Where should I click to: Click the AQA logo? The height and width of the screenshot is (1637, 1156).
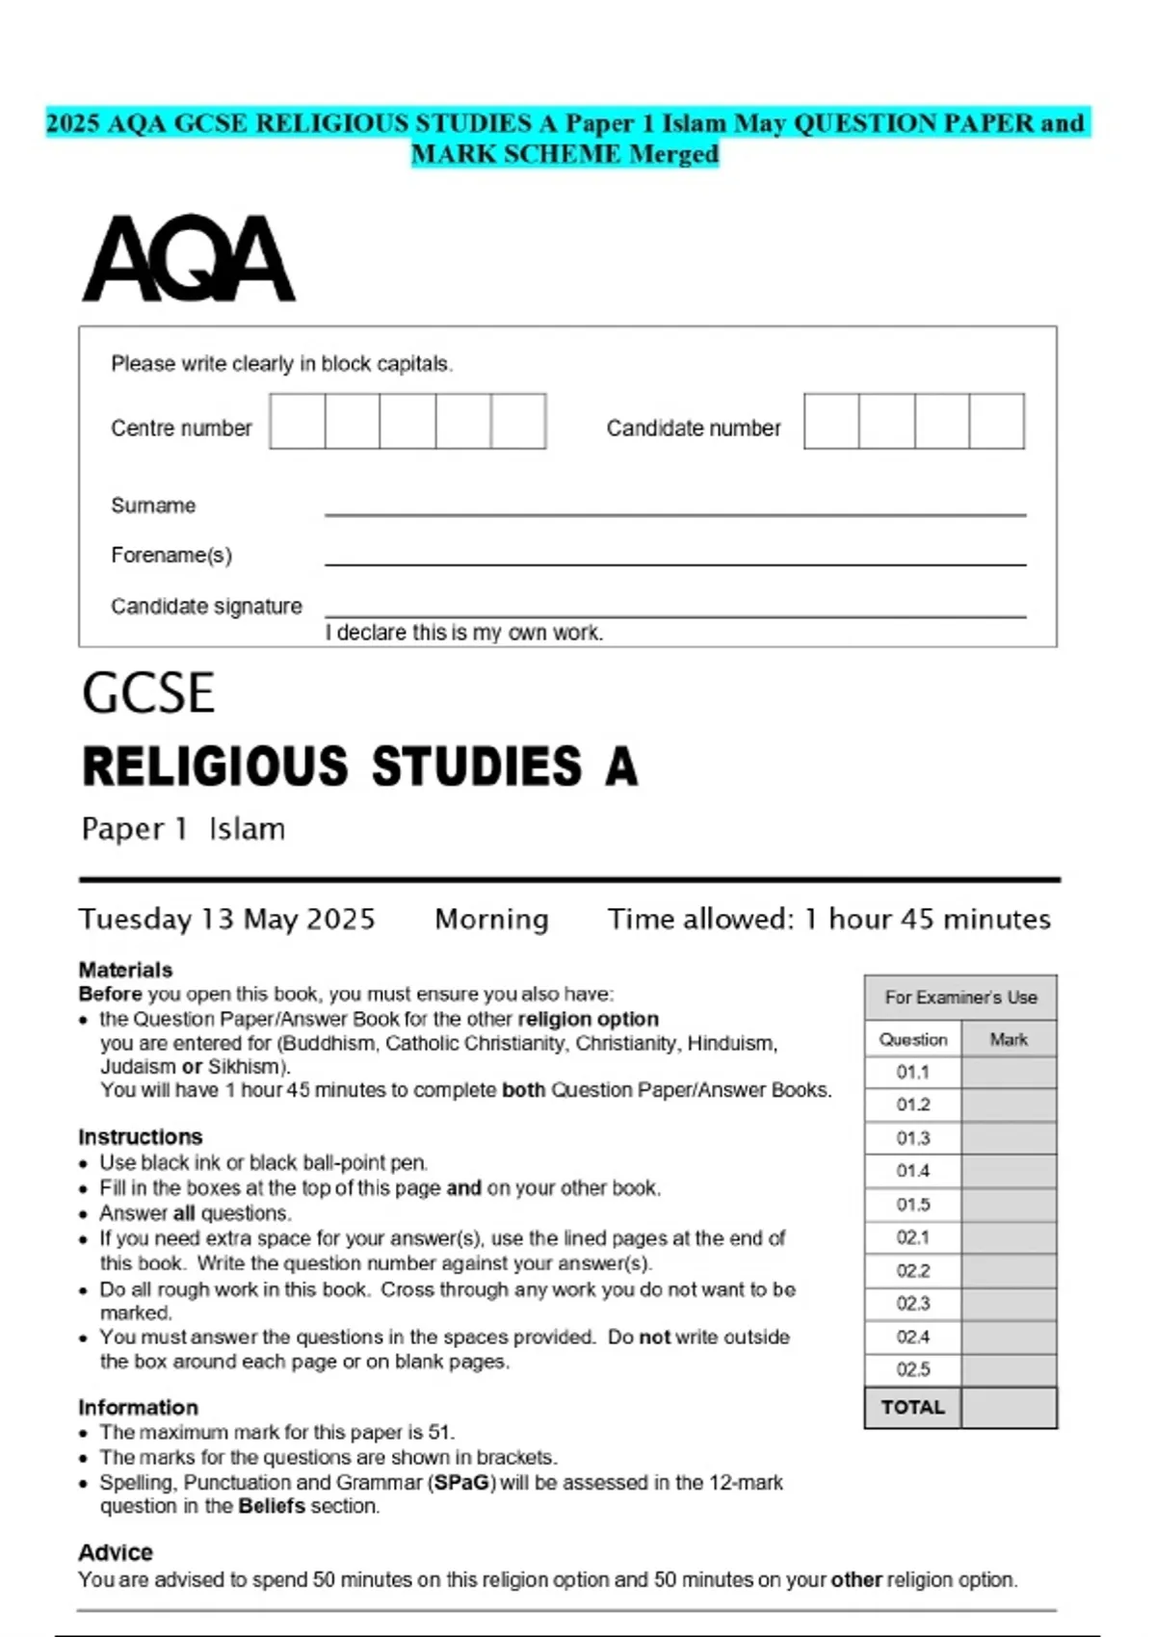pyautogui.click(x=189, y=258)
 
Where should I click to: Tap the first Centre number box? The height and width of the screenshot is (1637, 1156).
pyautogui.click(x=298, y=422)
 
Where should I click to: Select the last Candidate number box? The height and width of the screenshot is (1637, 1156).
pyautogui.click(x=997, y=422)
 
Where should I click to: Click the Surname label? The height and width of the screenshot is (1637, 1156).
pyautogui.click(x=153, y=506)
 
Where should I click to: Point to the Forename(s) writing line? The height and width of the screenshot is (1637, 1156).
pyautogui.click(x=674, y=562)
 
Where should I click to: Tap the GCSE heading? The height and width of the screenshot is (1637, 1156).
pyautogui.click(x=148, y=693)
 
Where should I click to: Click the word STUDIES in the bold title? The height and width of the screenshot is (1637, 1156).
pyautogui.click(x=477, y=767)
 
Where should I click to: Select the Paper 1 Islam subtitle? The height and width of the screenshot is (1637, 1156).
pyautogui.click(x=183, y=829)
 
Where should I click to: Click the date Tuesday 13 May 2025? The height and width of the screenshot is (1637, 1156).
pyautogui.click(x=227, y=920)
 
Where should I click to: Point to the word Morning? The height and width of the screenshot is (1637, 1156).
pyautogui.click(x=491, y=920)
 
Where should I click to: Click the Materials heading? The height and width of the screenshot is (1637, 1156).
pyautogui.click(x=125, y=970)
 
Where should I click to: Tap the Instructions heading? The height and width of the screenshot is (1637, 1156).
pyautogui.click(x=141, y=1136)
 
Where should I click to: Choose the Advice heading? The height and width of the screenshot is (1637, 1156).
pyautogui.click(x=116, y=1552)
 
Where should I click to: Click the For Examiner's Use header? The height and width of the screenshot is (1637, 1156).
pyautogui.click(x=960, y=998)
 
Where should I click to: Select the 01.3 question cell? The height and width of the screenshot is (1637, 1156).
pyautogui.click(x=913, y=1138)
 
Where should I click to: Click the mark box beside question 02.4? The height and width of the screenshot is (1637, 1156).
pyautogui.click(x=1009, y=1337)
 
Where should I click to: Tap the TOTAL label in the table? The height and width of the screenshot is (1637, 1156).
pyautogui.click(x=913, y=1407)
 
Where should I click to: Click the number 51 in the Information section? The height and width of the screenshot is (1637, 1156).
pyautogui.click(x=440, y=1433)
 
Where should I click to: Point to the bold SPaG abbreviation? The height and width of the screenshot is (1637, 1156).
pyautogui.click(x=462, y=1483)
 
